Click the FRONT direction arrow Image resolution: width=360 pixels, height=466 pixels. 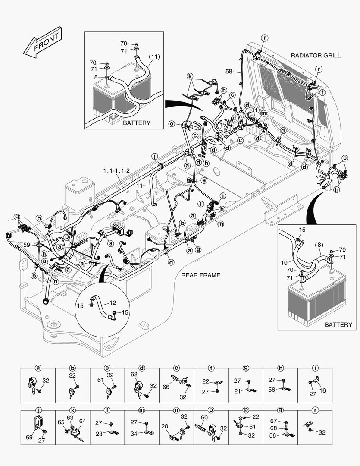point(42,43)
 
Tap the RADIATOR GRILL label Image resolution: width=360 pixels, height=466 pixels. point(316,55)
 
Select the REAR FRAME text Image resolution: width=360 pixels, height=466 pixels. point(200,275)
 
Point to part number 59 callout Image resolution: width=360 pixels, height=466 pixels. point(27,245)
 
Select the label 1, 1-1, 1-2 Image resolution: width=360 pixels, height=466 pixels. point(116,171)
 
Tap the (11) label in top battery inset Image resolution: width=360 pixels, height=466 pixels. point(155,57)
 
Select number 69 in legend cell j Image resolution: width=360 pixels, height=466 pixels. point(29,438)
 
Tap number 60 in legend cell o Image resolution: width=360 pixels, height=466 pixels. point(204,417)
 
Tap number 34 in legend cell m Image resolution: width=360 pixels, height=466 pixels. point(134,434)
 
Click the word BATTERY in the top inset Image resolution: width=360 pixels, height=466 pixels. point(137,123)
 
